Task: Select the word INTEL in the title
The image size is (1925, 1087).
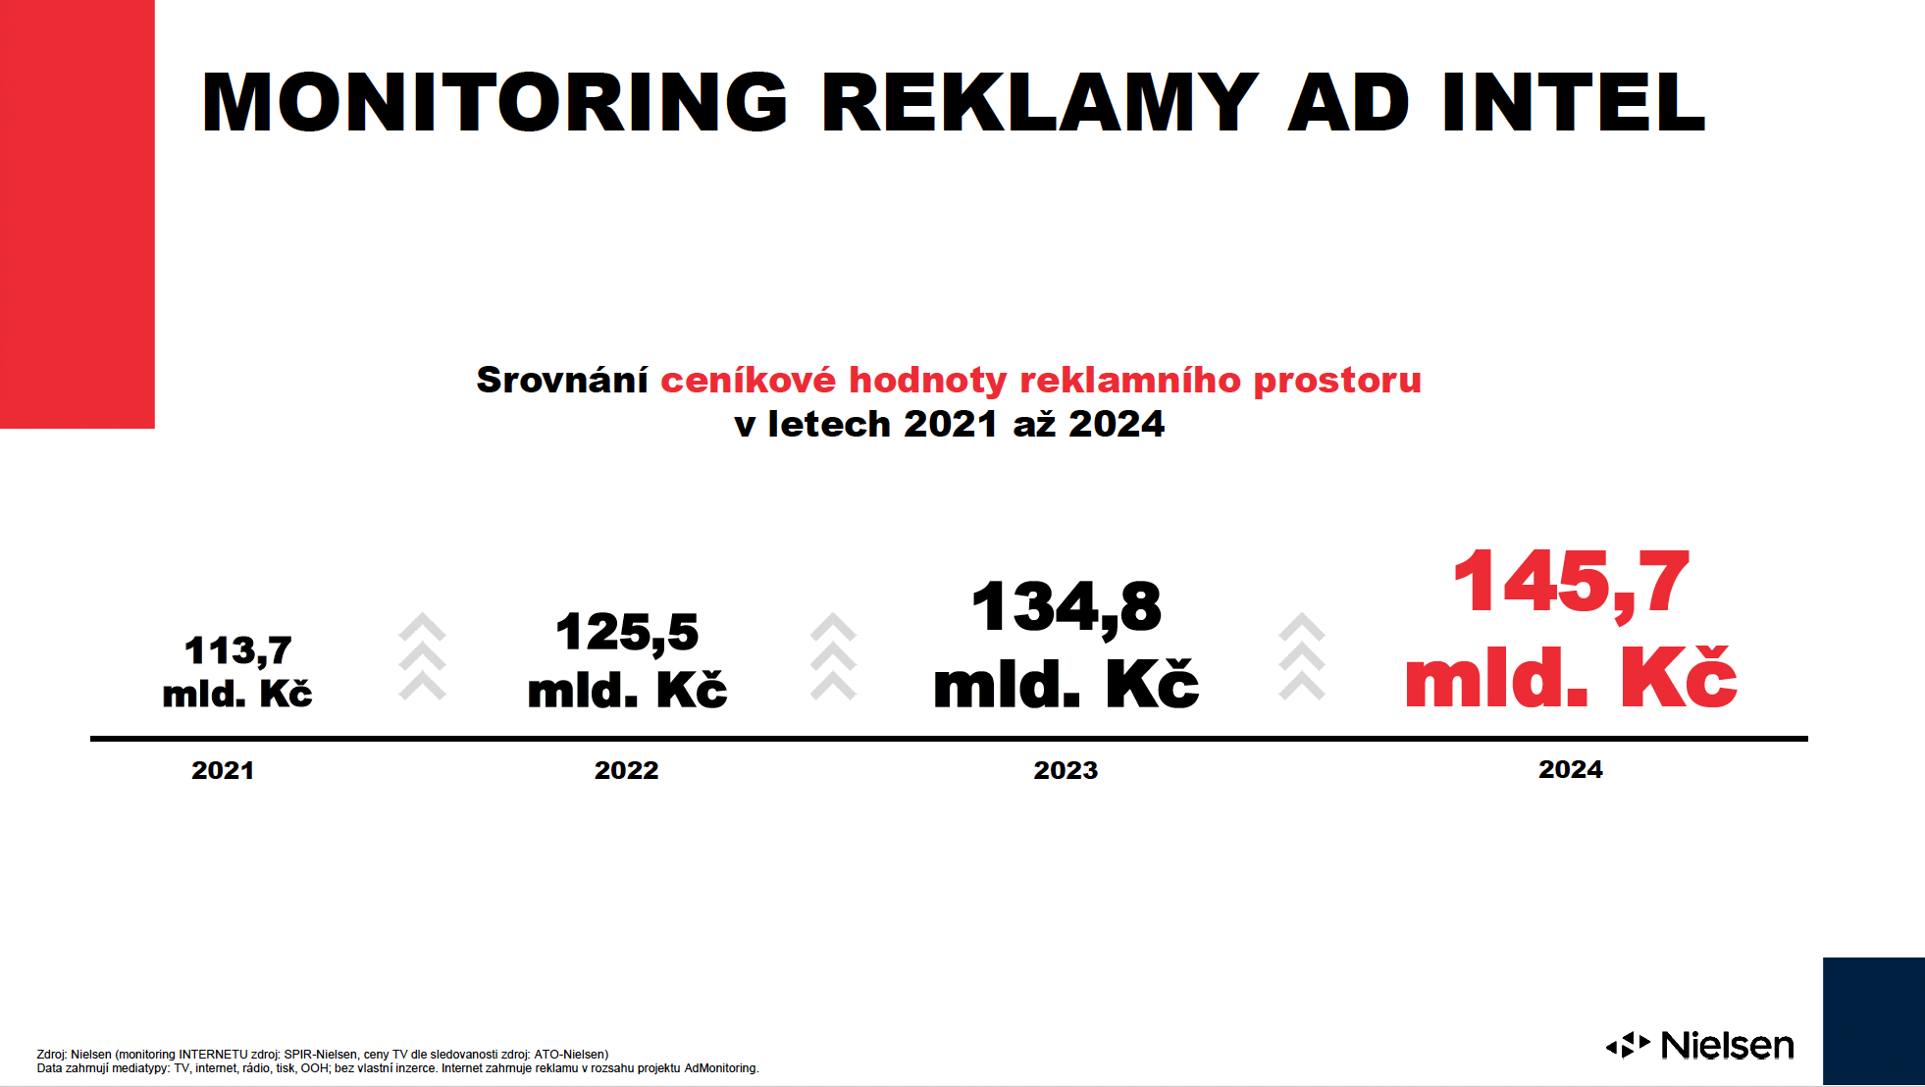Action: pyautogui.click(x=1574, y=102)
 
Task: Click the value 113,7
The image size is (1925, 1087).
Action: pyautogui.click(x=238, y=651)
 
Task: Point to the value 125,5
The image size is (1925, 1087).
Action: pyautogui.click(x=627, y=633)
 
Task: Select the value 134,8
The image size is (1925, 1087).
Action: pyautogui.click(x=1067, y=608)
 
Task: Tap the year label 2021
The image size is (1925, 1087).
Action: pyautogui.click(x=223, y=770)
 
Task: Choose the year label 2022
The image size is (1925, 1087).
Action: pyautogui.click(x=626, y=770)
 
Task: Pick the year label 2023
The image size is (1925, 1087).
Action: pyautogui.click(x=1066, y=770)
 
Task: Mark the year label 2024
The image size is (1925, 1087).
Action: pyautogui.click(x=1571, y=769)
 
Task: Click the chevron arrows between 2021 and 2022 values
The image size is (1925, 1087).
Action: pyautogui.click(x=423, y=656)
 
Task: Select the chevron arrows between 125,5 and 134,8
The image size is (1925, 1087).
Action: pyautogui.click(x=834, y=656)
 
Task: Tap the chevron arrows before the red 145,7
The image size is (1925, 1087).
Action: pyautogui.click(x=1302, y=656)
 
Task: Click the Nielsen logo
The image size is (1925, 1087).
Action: pyautogui.click(x=1700, y=1046)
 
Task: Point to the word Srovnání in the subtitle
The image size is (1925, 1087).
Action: pyautogui.click(x=562, y=380)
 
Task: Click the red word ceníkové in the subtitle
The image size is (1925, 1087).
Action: pyautogui.click(x=748, y=380)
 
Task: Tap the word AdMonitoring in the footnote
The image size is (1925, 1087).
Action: pyautogui.click(x=721, y=1068)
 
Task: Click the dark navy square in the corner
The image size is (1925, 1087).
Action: pyautogui.click(x=1874, y=1020)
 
